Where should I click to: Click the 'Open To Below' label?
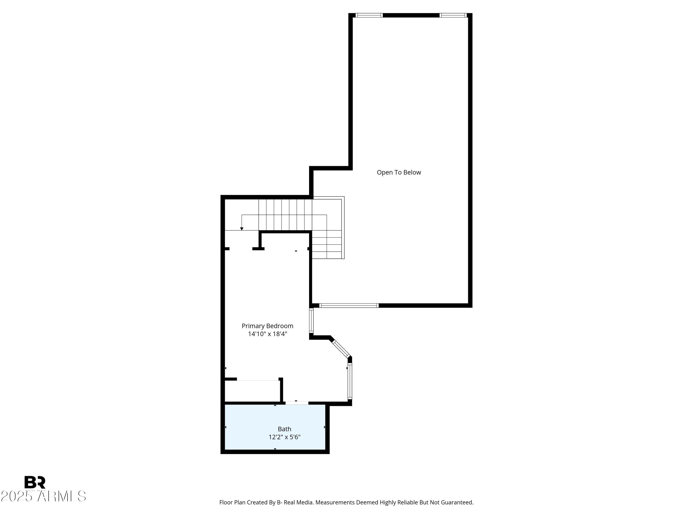[x=398, y=172]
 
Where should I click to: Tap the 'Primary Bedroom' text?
[x=267, y=326]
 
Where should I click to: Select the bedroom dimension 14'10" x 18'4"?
[x=267, y=334]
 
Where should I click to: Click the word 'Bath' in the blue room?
[x=284, y=429]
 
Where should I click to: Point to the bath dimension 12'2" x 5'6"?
[x=284, y=437]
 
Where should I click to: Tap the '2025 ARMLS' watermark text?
[x=43, y=496]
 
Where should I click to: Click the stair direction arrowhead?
[x=242, y=229]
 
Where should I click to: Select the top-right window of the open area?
[x=453, y=15]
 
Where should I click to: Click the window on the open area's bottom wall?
[x=349, y=306]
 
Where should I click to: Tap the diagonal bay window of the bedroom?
[x=341, y=349]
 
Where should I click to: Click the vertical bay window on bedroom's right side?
[x=350, y=381]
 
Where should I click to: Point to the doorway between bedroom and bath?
[x=296, y=403]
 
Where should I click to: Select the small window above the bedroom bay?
[x=311, y=321]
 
